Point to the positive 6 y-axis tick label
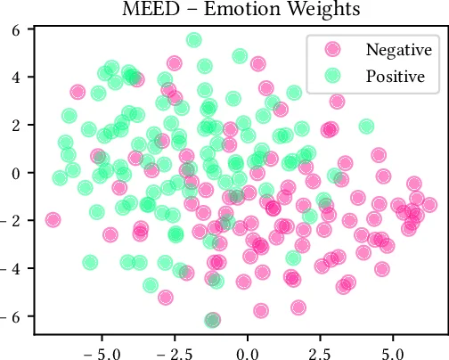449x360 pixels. [x=16, y=29]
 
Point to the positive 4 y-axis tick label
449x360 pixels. [x=16, y=78]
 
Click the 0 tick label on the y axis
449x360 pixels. [x=16, y=173]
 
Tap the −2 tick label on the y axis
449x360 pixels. [x=12, y=220]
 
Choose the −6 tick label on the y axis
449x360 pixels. [x=12, y=316]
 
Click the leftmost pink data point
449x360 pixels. [x=53, y=219]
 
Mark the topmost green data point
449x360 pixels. [x=193, y=40]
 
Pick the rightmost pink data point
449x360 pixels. [x=429, y=205]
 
